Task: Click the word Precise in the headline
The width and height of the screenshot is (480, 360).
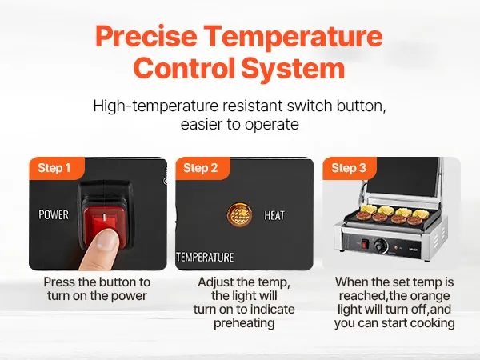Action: (146, 36)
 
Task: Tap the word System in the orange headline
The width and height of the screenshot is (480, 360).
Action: (293, 68)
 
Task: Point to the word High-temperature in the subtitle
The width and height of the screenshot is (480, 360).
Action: (156, 106)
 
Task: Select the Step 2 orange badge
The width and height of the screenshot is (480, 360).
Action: (202, 168)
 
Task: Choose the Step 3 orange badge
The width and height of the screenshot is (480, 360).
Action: (350, 168)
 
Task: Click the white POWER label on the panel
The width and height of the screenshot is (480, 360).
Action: (54, 214)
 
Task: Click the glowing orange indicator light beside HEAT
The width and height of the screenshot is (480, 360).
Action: (240, 215)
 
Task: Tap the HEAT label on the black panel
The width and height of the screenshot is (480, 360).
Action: (274, 215)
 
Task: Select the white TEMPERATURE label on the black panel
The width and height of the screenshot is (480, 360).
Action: (205, 257)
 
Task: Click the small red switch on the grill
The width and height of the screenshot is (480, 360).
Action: (364, 244)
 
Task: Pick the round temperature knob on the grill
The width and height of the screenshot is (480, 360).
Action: (381, 246)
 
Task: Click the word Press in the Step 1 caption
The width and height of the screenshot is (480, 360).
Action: (59, 282)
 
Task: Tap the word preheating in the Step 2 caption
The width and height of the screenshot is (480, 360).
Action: (244, 323)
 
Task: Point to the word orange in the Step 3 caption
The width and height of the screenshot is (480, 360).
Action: (430, 296)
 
